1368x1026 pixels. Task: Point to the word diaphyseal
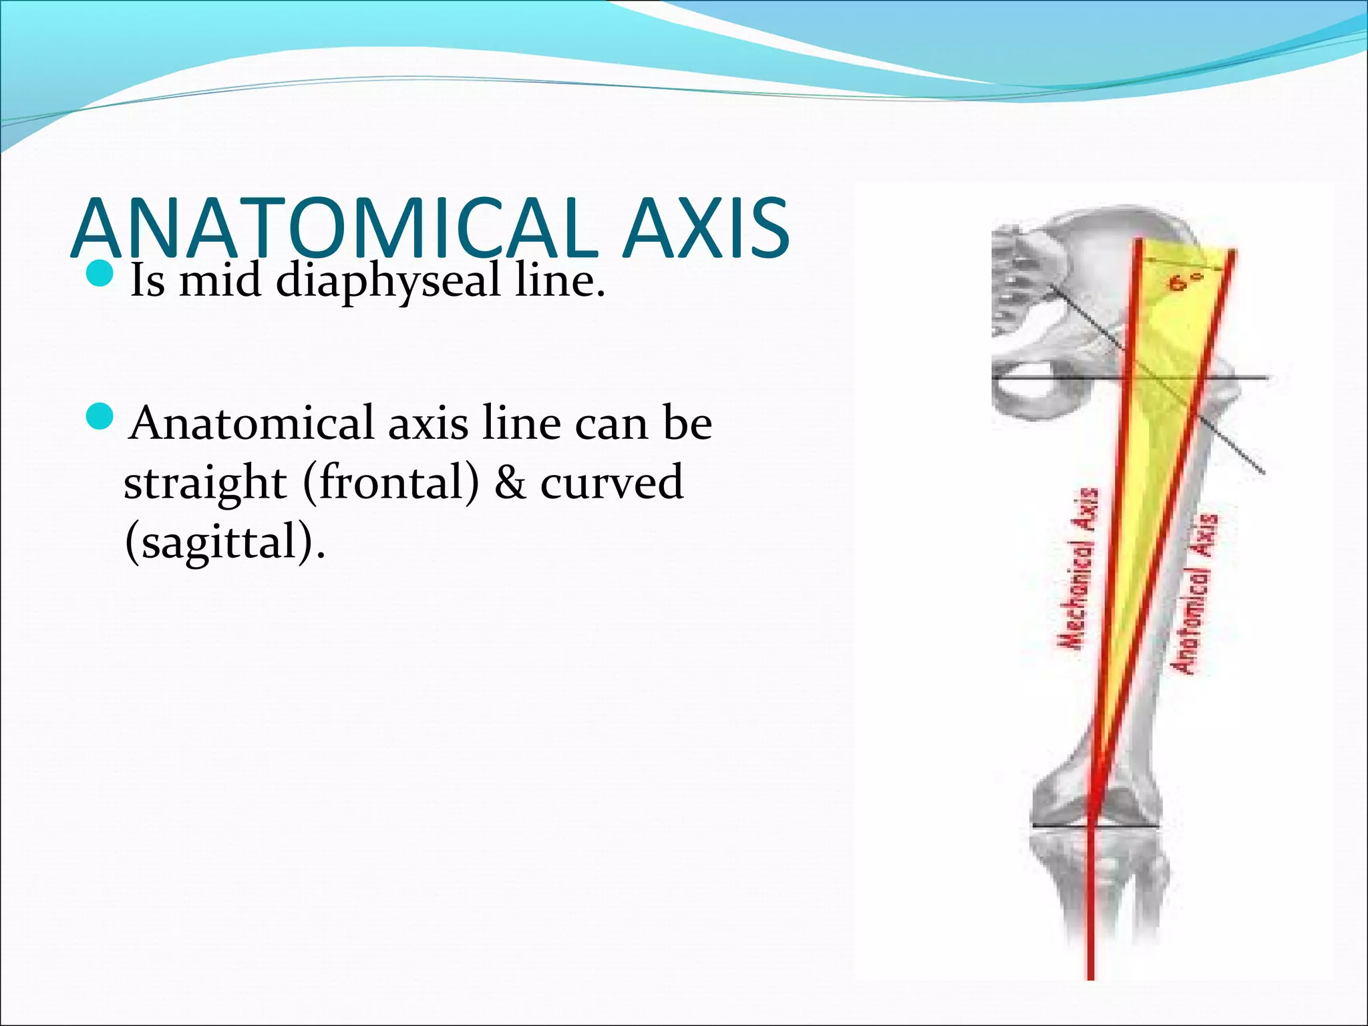click(x=388, y=281)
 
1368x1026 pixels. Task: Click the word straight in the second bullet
click(x=205, y=483)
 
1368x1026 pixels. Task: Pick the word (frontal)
click(x=391, y=483)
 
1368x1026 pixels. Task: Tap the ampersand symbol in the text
click(x=510, y=483)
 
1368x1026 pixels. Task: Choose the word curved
click(x=612, y=483)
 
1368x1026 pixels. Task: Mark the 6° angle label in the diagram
click(x=1186, y=283)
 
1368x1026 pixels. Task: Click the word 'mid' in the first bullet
click(x=220, y=281)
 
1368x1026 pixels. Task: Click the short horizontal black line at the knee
click(x=1095, y=827)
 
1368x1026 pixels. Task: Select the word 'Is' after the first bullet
click(x=147, y=281)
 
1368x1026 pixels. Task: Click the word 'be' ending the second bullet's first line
click(x=687, y=423)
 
